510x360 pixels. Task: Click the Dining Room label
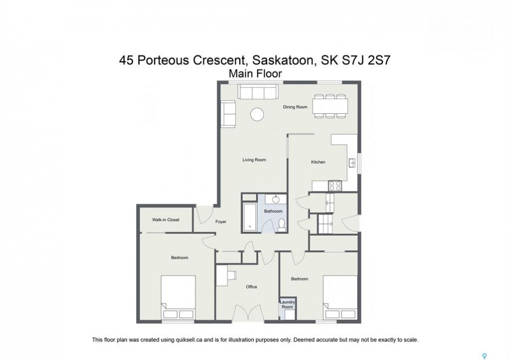pyautogui.click(x=295, y=107)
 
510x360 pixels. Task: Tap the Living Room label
pyautogui.click(x=254, y=160)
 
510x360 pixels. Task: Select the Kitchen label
pyautogui.click(x=318, y=162)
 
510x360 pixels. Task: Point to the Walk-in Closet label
pyautogui.click(x=166, y=219)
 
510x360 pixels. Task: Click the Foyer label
pyautogui.click(x=221, y=221)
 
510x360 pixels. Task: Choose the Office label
pyautogui.click(x=251, y=286)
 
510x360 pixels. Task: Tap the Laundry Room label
pyautogui.click(x=287, y=304)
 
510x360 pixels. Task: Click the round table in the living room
pyautogui.click(x=257, y=114)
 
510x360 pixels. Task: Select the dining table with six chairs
pyautogui.click(x=330, y=106)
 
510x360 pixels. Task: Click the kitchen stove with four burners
pyautogui.click(x=335, y=185)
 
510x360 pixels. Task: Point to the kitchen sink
pyautogui.click(x=352, y=162)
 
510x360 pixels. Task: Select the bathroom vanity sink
pyautogui.click(x=276, y=199)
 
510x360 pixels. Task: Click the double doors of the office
pyautogui.click(x=248, y=313)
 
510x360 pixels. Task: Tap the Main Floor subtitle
pyautogui.click(x=255, y=73)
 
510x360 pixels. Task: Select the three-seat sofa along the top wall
pyautogui.click(x=258, y=91)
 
